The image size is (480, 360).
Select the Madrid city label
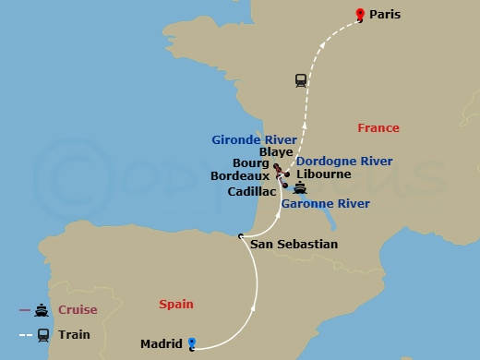click(161, 344)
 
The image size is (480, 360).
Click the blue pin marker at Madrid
click(192, 342)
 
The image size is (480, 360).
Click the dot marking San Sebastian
click(240, 236)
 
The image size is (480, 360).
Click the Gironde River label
click(248, 141)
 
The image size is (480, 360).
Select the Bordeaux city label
click(240, 174)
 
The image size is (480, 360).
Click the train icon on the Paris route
click(301, 79)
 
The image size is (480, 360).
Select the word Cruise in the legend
click(78, 309)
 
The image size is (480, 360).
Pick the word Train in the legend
click(74, 334)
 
